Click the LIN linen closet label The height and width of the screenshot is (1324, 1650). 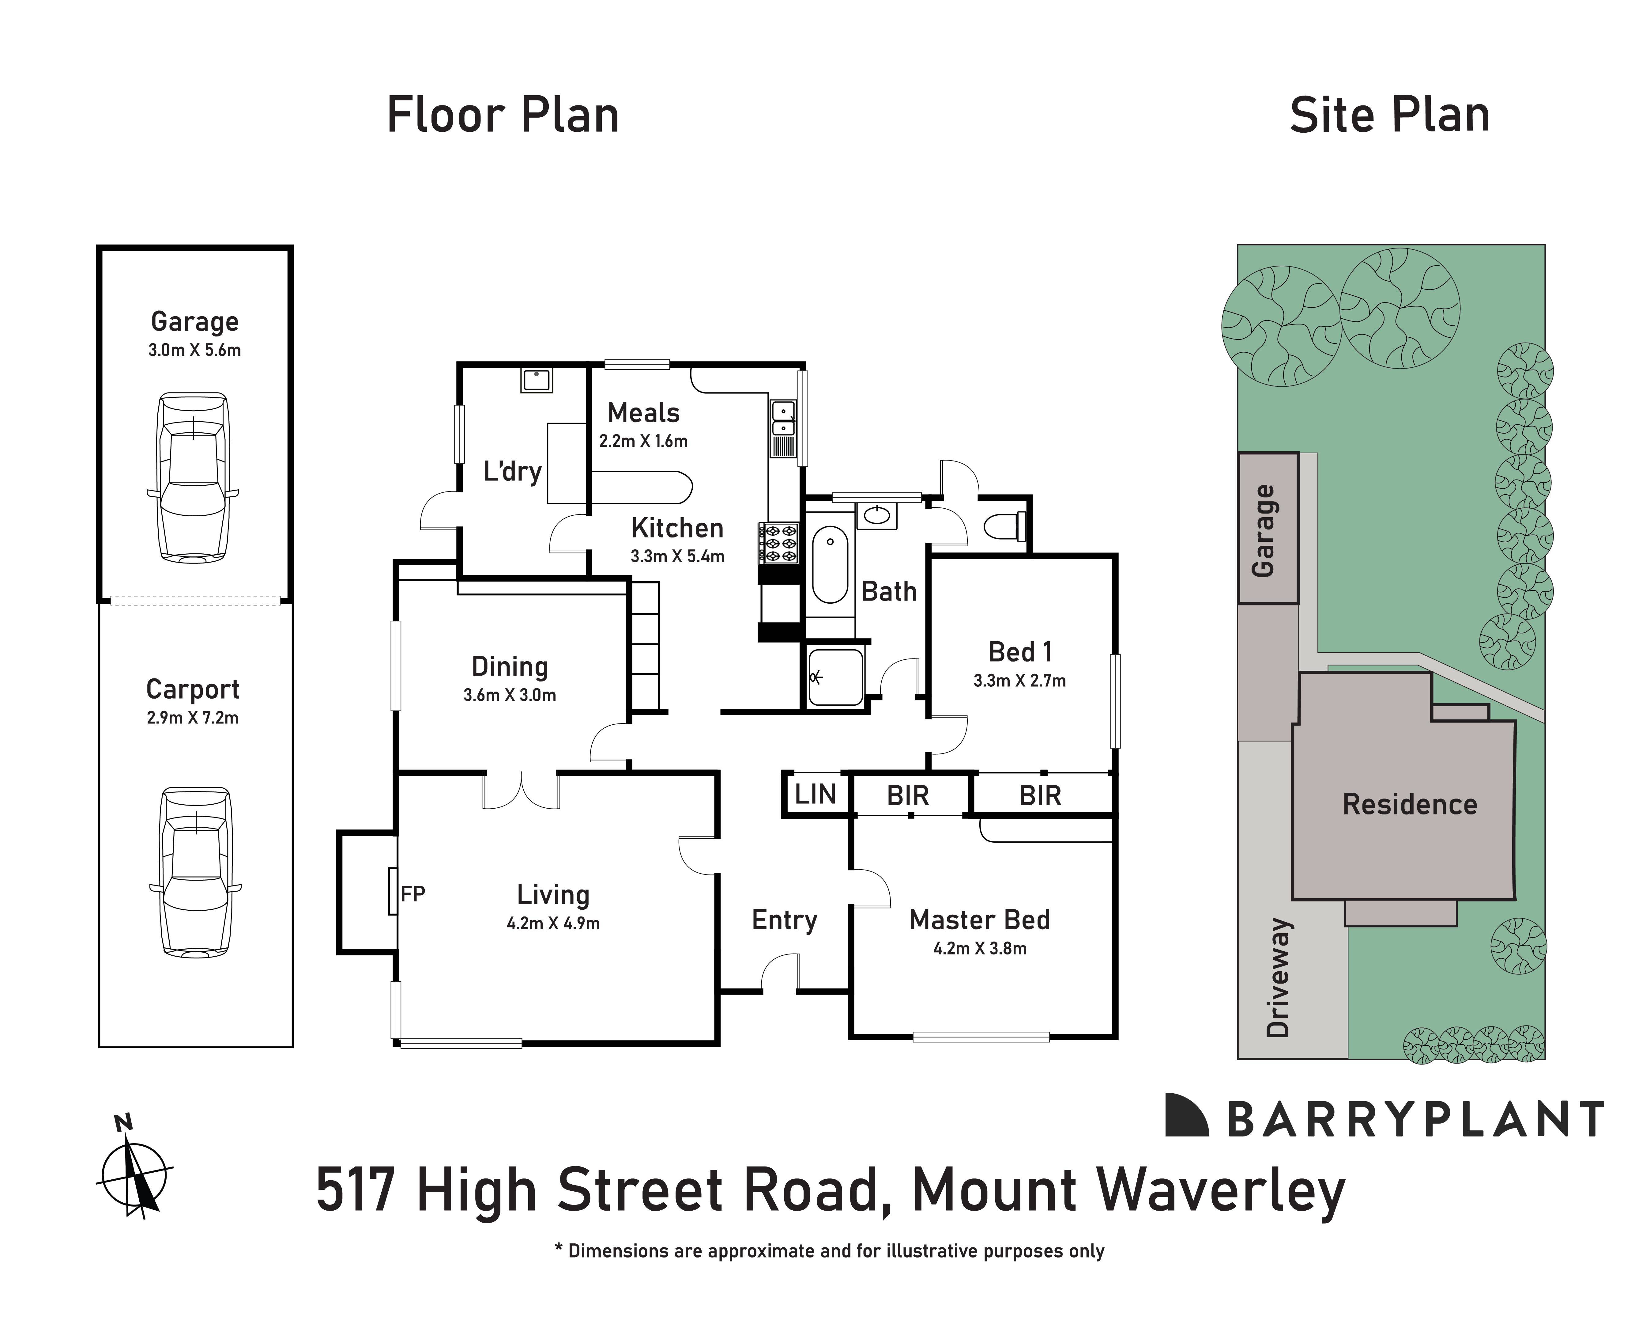click(x=815, y=794)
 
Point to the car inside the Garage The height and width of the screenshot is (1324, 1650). click(x=193, y=478)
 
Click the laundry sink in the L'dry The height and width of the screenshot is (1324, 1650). click(x=537, y=380)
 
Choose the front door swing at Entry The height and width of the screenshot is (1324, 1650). click(x=780, y=973)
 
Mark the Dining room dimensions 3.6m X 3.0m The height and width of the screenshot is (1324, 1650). click(x=510, y=695)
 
